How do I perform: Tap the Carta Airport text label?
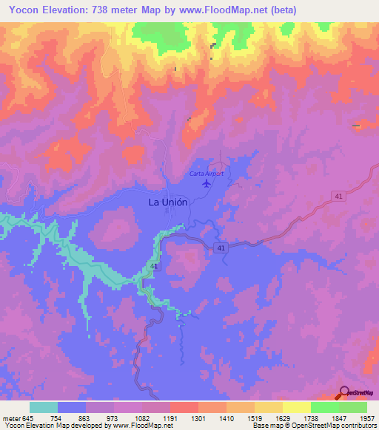click(206, 174)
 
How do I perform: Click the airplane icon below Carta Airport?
click(206, 183)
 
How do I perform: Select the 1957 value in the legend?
click(367, 417)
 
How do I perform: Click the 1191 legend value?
click(170, 417)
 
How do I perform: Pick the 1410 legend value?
click(226, 417)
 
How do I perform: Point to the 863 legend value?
click(86, 417)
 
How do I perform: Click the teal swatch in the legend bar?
click(44, 407)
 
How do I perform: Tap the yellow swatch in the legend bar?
click(297, 407)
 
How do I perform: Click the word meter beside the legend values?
click(11, 417)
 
